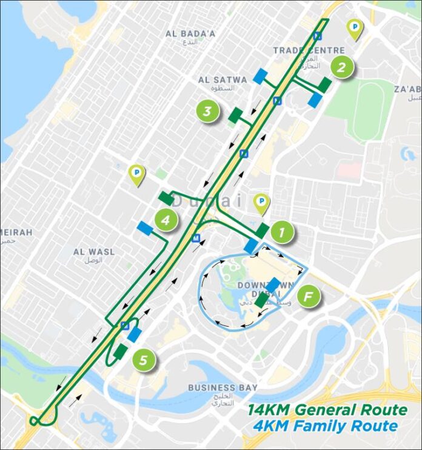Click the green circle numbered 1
283,232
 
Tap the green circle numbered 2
342,67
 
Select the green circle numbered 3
207,111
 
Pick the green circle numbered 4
166,220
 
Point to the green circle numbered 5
143,360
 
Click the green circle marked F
309,297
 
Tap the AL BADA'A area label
190,34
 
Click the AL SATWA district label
223,80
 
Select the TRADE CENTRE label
309,50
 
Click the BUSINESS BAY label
223,387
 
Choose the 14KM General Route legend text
327,410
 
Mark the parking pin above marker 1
261,203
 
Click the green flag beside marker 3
235,115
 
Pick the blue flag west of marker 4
146,228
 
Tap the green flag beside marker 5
121,352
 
